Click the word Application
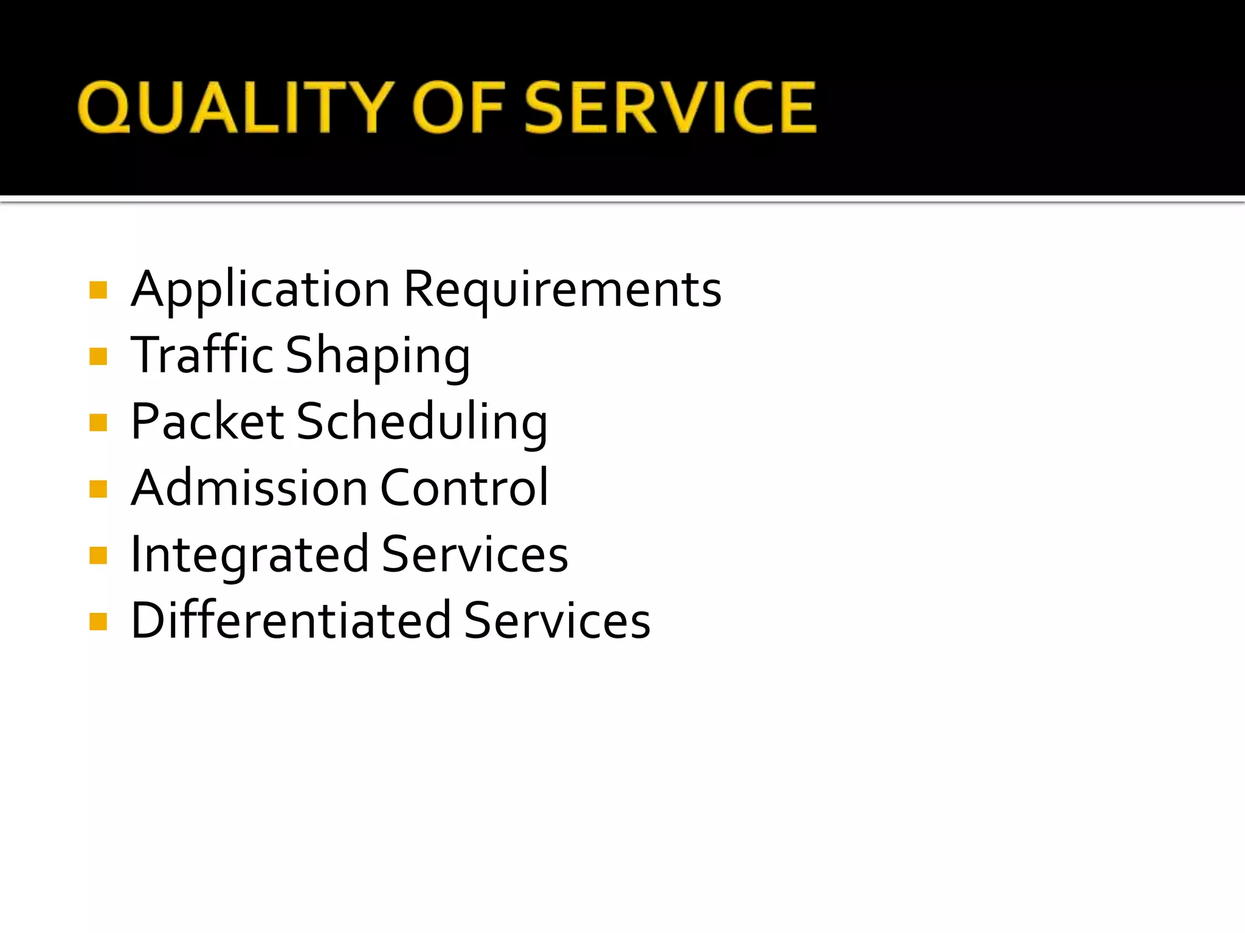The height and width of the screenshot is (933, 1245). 260,290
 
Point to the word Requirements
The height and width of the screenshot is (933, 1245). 562,290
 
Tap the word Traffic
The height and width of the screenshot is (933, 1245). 202,355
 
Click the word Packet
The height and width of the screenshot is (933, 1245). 207,422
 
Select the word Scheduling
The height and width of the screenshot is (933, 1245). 422,423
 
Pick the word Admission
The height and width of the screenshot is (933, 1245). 249,488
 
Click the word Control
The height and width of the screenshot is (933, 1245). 464,488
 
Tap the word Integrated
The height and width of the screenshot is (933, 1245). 249,555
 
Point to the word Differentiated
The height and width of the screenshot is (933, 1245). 291,621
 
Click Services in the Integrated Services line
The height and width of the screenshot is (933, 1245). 475,554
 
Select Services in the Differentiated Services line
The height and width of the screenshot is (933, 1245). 557,621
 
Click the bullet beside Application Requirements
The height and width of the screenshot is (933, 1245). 98,290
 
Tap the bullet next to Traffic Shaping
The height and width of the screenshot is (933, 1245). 98,356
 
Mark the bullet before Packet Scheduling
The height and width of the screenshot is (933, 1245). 98,422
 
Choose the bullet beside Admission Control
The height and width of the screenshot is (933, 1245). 98,488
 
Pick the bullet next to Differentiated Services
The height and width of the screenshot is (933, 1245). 98,621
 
